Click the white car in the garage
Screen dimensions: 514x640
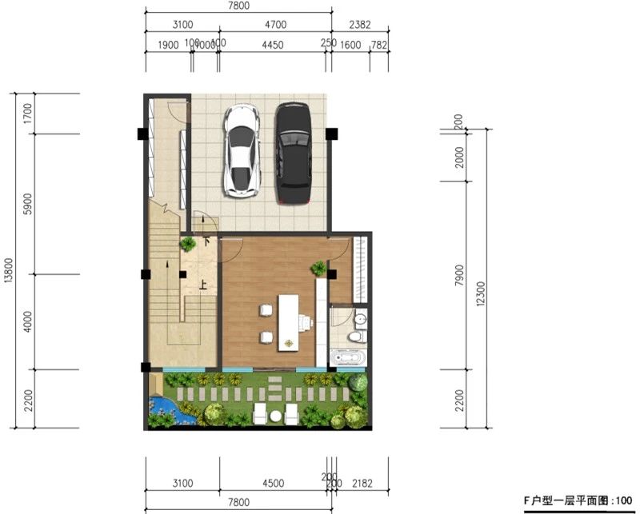242,150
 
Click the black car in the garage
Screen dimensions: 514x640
294,151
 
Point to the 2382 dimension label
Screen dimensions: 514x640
360,26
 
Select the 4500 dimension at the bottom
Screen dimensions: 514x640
274,482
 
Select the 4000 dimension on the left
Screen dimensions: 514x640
29,321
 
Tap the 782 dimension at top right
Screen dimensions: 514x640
379,46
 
